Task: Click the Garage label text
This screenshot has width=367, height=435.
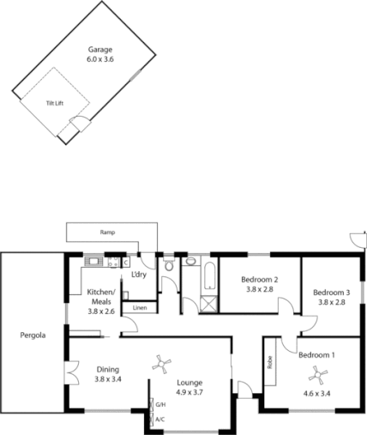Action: pos(101,51)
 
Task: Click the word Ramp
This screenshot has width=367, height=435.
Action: pos(107,233)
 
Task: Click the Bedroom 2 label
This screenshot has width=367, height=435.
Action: pos(259,280)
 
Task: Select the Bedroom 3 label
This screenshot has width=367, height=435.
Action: pos(331,291)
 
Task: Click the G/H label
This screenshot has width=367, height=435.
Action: pos(160,404)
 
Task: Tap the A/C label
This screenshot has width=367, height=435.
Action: pos(160,420)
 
